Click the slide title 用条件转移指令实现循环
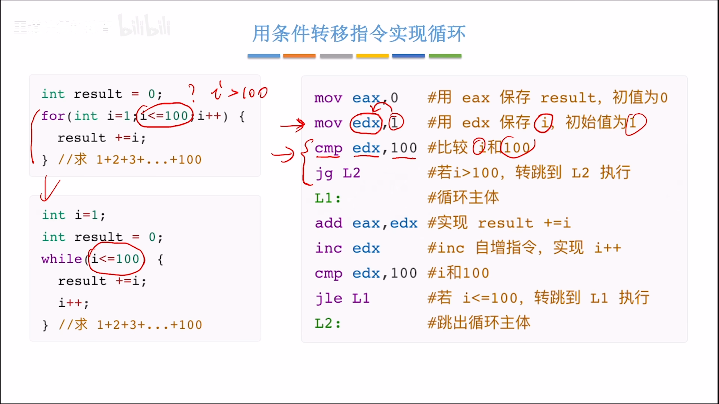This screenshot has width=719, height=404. click(359, 34)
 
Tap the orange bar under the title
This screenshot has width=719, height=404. click(299, 56)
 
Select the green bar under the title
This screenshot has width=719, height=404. click(445, 56)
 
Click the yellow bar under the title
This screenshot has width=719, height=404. click(372, 56)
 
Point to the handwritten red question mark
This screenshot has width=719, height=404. click(192, 93)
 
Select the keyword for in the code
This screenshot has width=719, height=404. click(53, 116)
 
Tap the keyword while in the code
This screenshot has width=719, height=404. click(62, 259)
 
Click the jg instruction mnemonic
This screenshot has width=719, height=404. click(324, 173)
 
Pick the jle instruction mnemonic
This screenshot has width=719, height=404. click(329, 298)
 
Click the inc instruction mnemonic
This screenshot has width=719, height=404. click(329, 248)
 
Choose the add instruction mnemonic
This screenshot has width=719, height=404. click(329, 223)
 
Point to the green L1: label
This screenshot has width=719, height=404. click(327, 198)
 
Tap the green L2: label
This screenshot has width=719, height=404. click(327, 323)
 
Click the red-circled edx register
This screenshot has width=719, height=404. click(366, 123)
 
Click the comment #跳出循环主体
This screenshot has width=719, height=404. click(479, 323)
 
